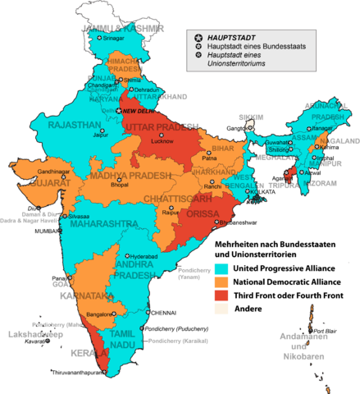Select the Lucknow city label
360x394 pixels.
(x=162, y=142)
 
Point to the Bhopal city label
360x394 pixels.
(x=120, y=186)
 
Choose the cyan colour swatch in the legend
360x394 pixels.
(x=221, y=268)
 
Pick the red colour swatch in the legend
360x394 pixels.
(x=221, y=295)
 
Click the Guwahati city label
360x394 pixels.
(x=280, y=142)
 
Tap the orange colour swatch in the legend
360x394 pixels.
(x=221, y=282)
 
